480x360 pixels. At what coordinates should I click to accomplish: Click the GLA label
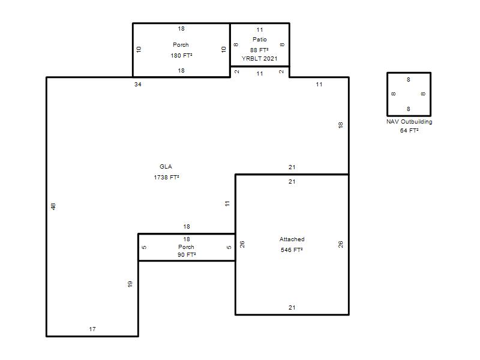166,167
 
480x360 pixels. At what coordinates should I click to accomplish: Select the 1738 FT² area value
166,177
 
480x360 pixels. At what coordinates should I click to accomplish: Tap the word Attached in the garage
292,239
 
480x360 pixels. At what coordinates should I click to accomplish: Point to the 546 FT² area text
292,250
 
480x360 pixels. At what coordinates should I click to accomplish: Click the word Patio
260,39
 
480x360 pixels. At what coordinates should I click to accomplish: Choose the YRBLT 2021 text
259,58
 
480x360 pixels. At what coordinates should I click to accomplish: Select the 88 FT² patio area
259,50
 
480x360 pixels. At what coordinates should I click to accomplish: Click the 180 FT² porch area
181,55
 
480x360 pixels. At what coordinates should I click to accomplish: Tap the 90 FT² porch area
187,254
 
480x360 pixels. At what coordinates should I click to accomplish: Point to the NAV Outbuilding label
409,122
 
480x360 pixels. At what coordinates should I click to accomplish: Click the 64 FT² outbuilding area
409,130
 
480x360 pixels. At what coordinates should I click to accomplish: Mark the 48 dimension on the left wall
53,206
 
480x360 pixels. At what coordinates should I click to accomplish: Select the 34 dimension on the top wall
138,84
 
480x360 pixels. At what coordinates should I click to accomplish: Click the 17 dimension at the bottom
92,329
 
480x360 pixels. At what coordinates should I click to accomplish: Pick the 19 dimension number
130,284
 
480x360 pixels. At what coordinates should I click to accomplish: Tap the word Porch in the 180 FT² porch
181,44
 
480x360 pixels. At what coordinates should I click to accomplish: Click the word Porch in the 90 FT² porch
186,247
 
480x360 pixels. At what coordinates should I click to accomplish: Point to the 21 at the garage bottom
292,308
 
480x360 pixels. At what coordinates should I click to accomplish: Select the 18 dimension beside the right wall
340,125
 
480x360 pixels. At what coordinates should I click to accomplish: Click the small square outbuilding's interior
409,94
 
